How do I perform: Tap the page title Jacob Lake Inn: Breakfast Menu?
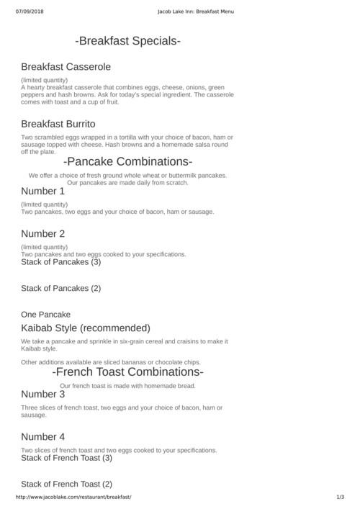click(x=196, y=12)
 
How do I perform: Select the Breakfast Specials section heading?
click(x=128, y=41)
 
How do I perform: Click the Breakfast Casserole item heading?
click(x=66, y=67)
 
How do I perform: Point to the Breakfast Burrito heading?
click(x=58, y=124)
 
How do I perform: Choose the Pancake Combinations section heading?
click(x=128, y=161)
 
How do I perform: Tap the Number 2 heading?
click(x=43, y=234)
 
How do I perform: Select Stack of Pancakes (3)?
click(x=61, y=262)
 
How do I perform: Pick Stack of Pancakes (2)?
click(x=61, y=289)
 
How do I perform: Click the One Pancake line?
click(x=46, y=315)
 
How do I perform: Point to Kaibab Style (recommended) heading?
click(x=86, y=328)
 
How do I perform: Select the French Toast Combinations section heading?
click(x=128, y=372)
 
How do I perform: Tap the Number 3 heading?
click(x=43, y=395)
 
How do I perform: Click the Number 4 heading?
click(x=43, y=437)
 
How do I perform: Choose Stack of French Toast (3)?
click(x=67, y=458)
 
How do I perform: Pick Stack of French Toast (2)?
click(x=67, y=484)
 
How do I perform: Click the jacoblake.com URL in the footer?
click(x=73, y=497)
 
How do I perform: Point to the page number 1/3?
click(x=341, y=497)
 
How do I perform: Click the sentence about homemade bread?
click(x=128, y=386)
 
